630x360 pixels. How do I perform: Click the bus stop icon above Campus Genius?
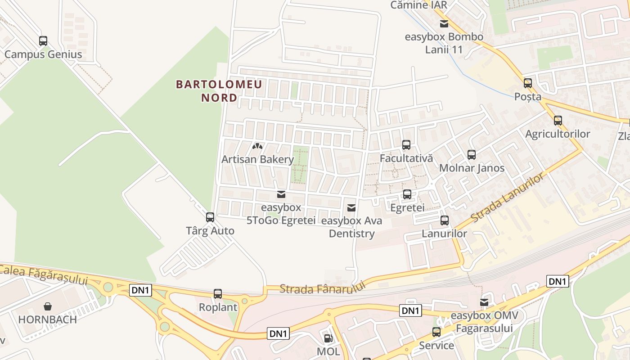(43, 41)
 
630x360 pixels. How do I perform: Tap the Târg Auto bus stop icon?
(210, 217)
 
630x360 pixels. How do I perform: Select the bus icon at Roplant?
(218, 294)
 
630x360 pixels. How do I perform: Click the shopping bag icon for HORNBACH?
(48, 306)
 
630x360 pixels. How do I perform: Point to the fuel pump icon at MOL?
(328, 338)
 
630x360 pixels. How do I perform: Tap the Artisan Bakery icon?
(257, 146)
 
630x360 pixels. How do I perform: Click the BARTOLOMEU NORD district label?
(219, 91)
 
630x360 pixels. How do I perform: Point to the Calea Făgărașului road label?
(44, 274)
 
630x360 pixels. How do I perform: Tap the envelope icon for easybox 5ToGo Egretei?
(281, 194)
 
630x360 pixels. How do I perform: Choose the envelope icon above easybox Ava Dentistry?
(351, 207)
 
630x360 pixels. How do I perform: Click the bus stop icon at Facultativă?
(406, 145)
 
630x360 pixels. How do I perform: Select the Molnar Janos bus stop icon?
(472, 155)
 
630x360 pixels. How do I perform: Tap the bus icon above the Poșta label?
(528, 83)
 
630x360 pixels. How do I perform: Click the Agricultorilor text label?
(558, 134)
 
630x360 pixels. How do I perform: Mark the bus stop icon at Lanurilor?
(445, 220)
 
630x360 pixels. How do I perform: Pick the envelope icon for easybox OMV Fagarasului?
(484, 302)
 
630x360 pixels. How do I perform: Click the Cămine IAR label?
(419, 5)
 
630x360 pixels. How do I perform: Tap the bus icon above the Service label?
(436, 332)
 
